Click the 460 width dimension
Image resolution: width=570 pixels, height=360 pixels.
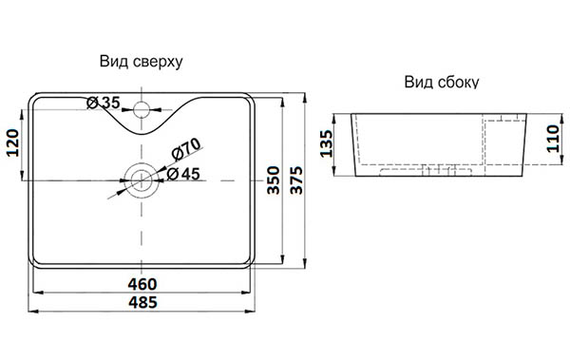[x=142, y=284]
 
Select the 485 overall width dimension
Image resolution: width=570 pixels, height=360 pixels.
[x=142, y=303]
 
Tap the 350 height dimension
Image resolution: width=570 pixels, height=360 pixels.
[x=274, y=180]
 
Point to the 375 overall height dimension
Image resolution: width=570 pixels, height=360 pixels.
[x=296, y=180]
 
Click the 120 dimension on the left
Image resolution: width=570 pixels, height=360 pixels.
[x=13, y=142]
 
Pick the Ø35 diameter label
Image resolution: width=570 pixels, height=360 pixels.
[x=104, y=103]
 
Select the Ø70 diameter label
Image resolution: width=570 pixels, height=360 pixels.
[x=186, y=149]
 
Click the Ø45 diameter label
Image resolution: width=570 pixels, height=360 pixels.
[x=183, y=174]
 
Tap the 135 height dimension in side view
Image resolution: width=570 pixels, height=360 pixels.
[x=326, y=143]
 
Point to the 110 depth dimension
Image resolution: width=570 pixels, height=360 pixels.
[x=553, y=139]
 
